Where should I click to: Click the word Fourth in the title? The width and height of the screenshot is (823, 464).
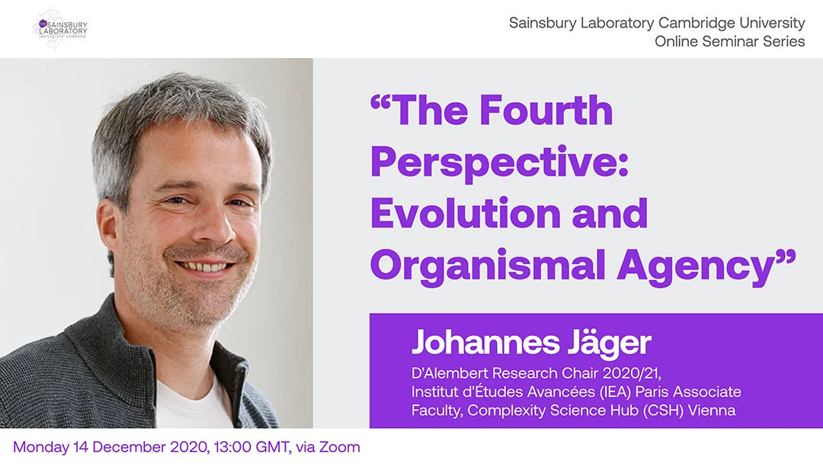pos(546,110)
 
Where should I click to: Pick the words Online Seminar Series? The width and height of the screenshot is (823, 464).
pos(729,41)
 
